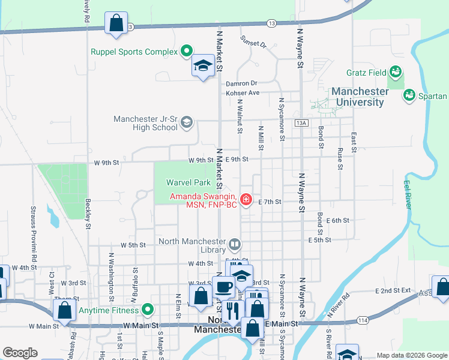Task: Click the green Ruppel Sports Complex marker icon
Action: point(186,52)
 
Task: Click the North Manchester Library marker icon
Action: point(235,244)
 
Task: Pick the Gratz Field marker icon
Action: point(395,73)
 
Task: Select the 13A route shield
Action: point(301,122)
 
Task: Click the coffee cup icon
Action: point(223,287)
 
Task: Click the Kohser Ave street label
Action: point(243,93)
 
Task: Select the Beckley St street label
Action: point(88,215)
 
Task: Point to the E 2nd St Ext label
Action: point(393,290)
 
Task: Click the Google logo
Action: point(20,353)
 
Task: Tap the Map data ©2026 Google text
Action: point(411,355)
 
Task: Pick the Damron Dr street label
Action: point(242,83)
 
